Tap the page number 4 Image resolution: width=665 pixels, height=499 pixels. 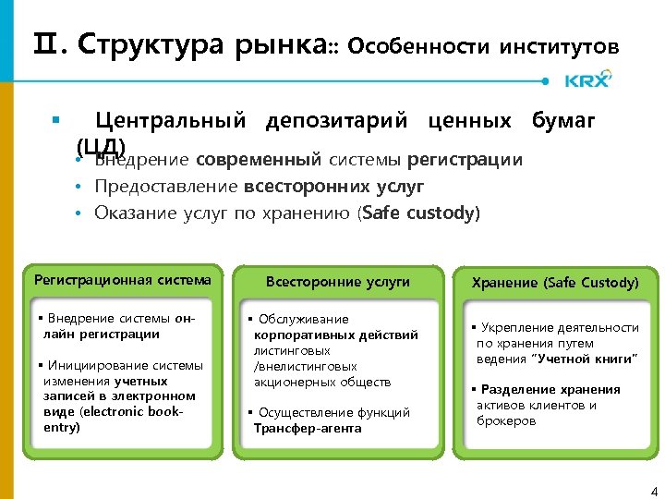[653, 489]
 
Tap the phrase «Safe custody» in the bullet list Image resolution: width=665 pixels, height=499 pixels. [430, 213]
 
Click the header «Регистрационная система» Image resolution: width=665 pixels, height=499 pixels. [122, 280]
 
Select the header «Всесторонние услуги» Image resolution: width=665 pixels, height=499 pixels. [337, 282]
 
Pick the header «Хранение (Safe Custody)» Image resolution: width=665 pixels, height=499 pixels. [555, 283]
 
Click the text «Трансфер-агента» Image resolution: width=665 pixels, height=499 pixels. [308, 428]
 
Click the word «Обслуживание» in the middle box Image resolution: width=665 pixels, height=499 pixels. [303, 319]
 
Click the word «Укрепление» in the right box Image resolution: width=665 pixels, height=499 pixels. [511, 327]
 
